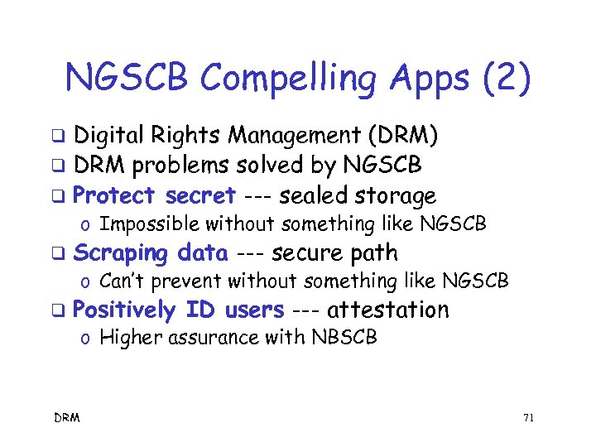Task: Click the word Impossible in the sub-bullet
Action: point(149,223)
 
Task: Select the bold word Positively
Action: point(124,310)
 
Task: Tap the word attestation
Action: point(388,310)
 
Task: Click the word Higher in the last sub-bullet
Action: point(127,337)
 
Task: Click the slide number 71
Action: point(528,418)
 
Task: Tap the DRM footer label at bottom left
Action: point(68,418)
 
